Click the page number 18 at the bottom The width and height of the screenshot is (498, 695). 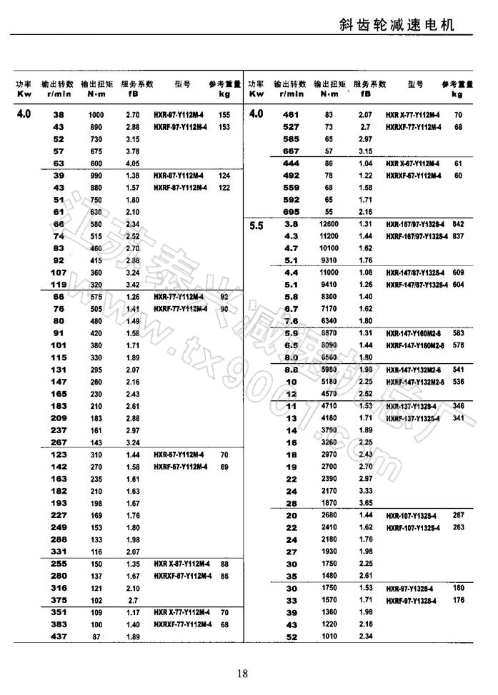click(242, 673)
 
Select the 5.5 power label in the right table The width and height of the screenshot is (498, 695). click(257, 225)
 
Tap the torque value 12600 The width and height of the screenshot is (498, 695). click(328, 224)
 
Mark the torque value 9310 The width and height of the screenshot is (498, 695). click(328, 260)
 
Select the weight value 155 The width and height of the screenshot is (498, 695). click(224, 115)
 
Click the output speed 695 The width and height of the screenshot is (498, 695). click(291, 212)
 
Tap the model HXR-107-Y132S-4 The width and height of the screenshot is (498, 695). click(414, 515)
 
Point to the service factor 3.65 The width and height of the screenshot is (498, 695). click(365, 503)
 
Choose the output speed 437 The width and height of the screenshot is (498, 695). click(59, 636)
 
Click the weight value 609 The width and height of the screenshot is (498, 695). click(459, 273)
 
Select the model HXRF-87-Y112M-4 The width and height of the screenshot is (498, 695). click(181, 188)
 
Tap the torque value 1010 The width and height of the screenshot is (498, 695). click(328, 636)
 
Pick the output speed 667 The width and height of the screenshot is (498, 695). click(291, 151)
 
